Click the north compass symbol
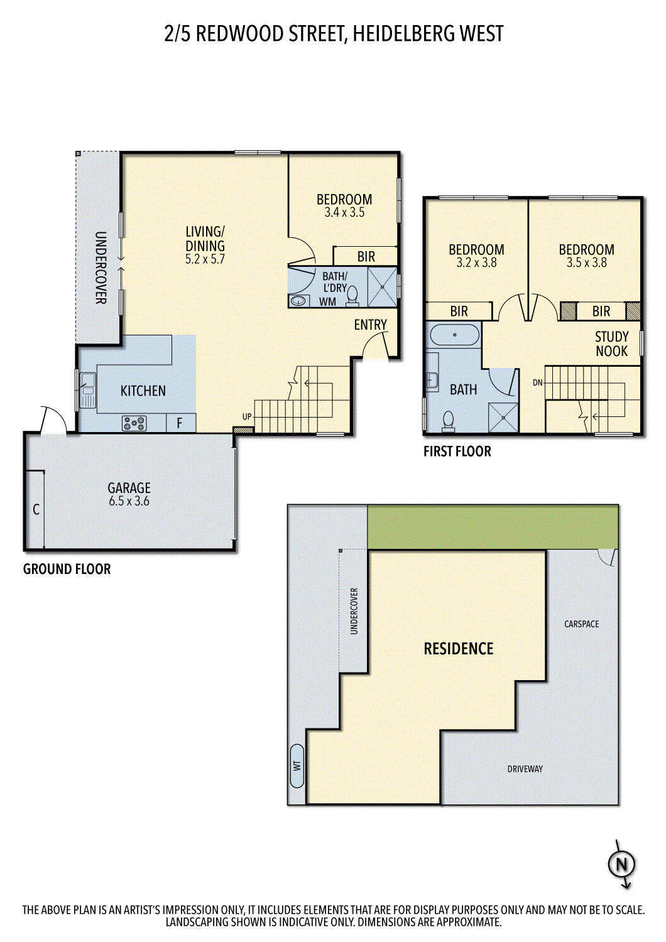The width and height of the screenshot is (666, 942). click(621, 865)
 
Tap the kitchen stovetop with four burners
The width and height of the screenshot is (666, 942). click(134, 423)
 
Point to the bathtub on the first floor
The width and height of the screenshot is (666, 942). click(454, 335)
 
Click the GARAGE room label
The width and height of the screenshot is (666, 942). click(129, 488)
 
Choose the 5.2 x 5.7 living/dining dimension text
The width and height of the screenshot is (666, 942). click(205, 259)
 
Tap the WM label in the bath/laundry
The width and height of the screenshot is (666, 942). click(327, 301)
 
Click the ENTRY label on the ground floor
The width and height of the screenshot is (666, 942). click(370, 325)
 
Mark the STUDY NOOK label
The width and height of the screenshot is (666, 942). click(612, 344)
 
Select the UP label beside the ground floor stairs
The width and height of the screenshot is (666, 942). click(247, 416)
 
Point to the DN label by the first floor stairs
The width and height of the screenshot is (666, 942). click(538, 382)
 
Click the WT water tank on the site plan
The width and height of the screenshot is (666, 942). click(297, 766)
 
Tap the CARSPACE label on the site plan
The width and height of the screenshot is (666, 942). click(581, 624)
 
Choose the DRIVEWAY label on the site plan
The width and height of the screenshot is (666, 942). click(525, 769)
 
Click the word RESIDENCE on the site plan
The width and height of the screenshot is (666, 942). click(459, 649)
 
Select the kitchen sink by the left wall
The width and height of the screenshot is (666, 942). click(87, 390)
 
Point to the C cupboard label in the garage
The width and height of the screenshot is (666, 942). click(36, 510)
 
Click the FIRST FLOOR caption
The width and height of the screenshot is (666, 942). click(457, 452)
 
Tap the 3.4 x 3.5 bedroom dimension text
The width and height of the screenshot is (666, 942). click(344, 212)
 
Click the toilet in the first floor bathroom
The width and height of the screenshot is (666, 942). click(449, 422)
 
